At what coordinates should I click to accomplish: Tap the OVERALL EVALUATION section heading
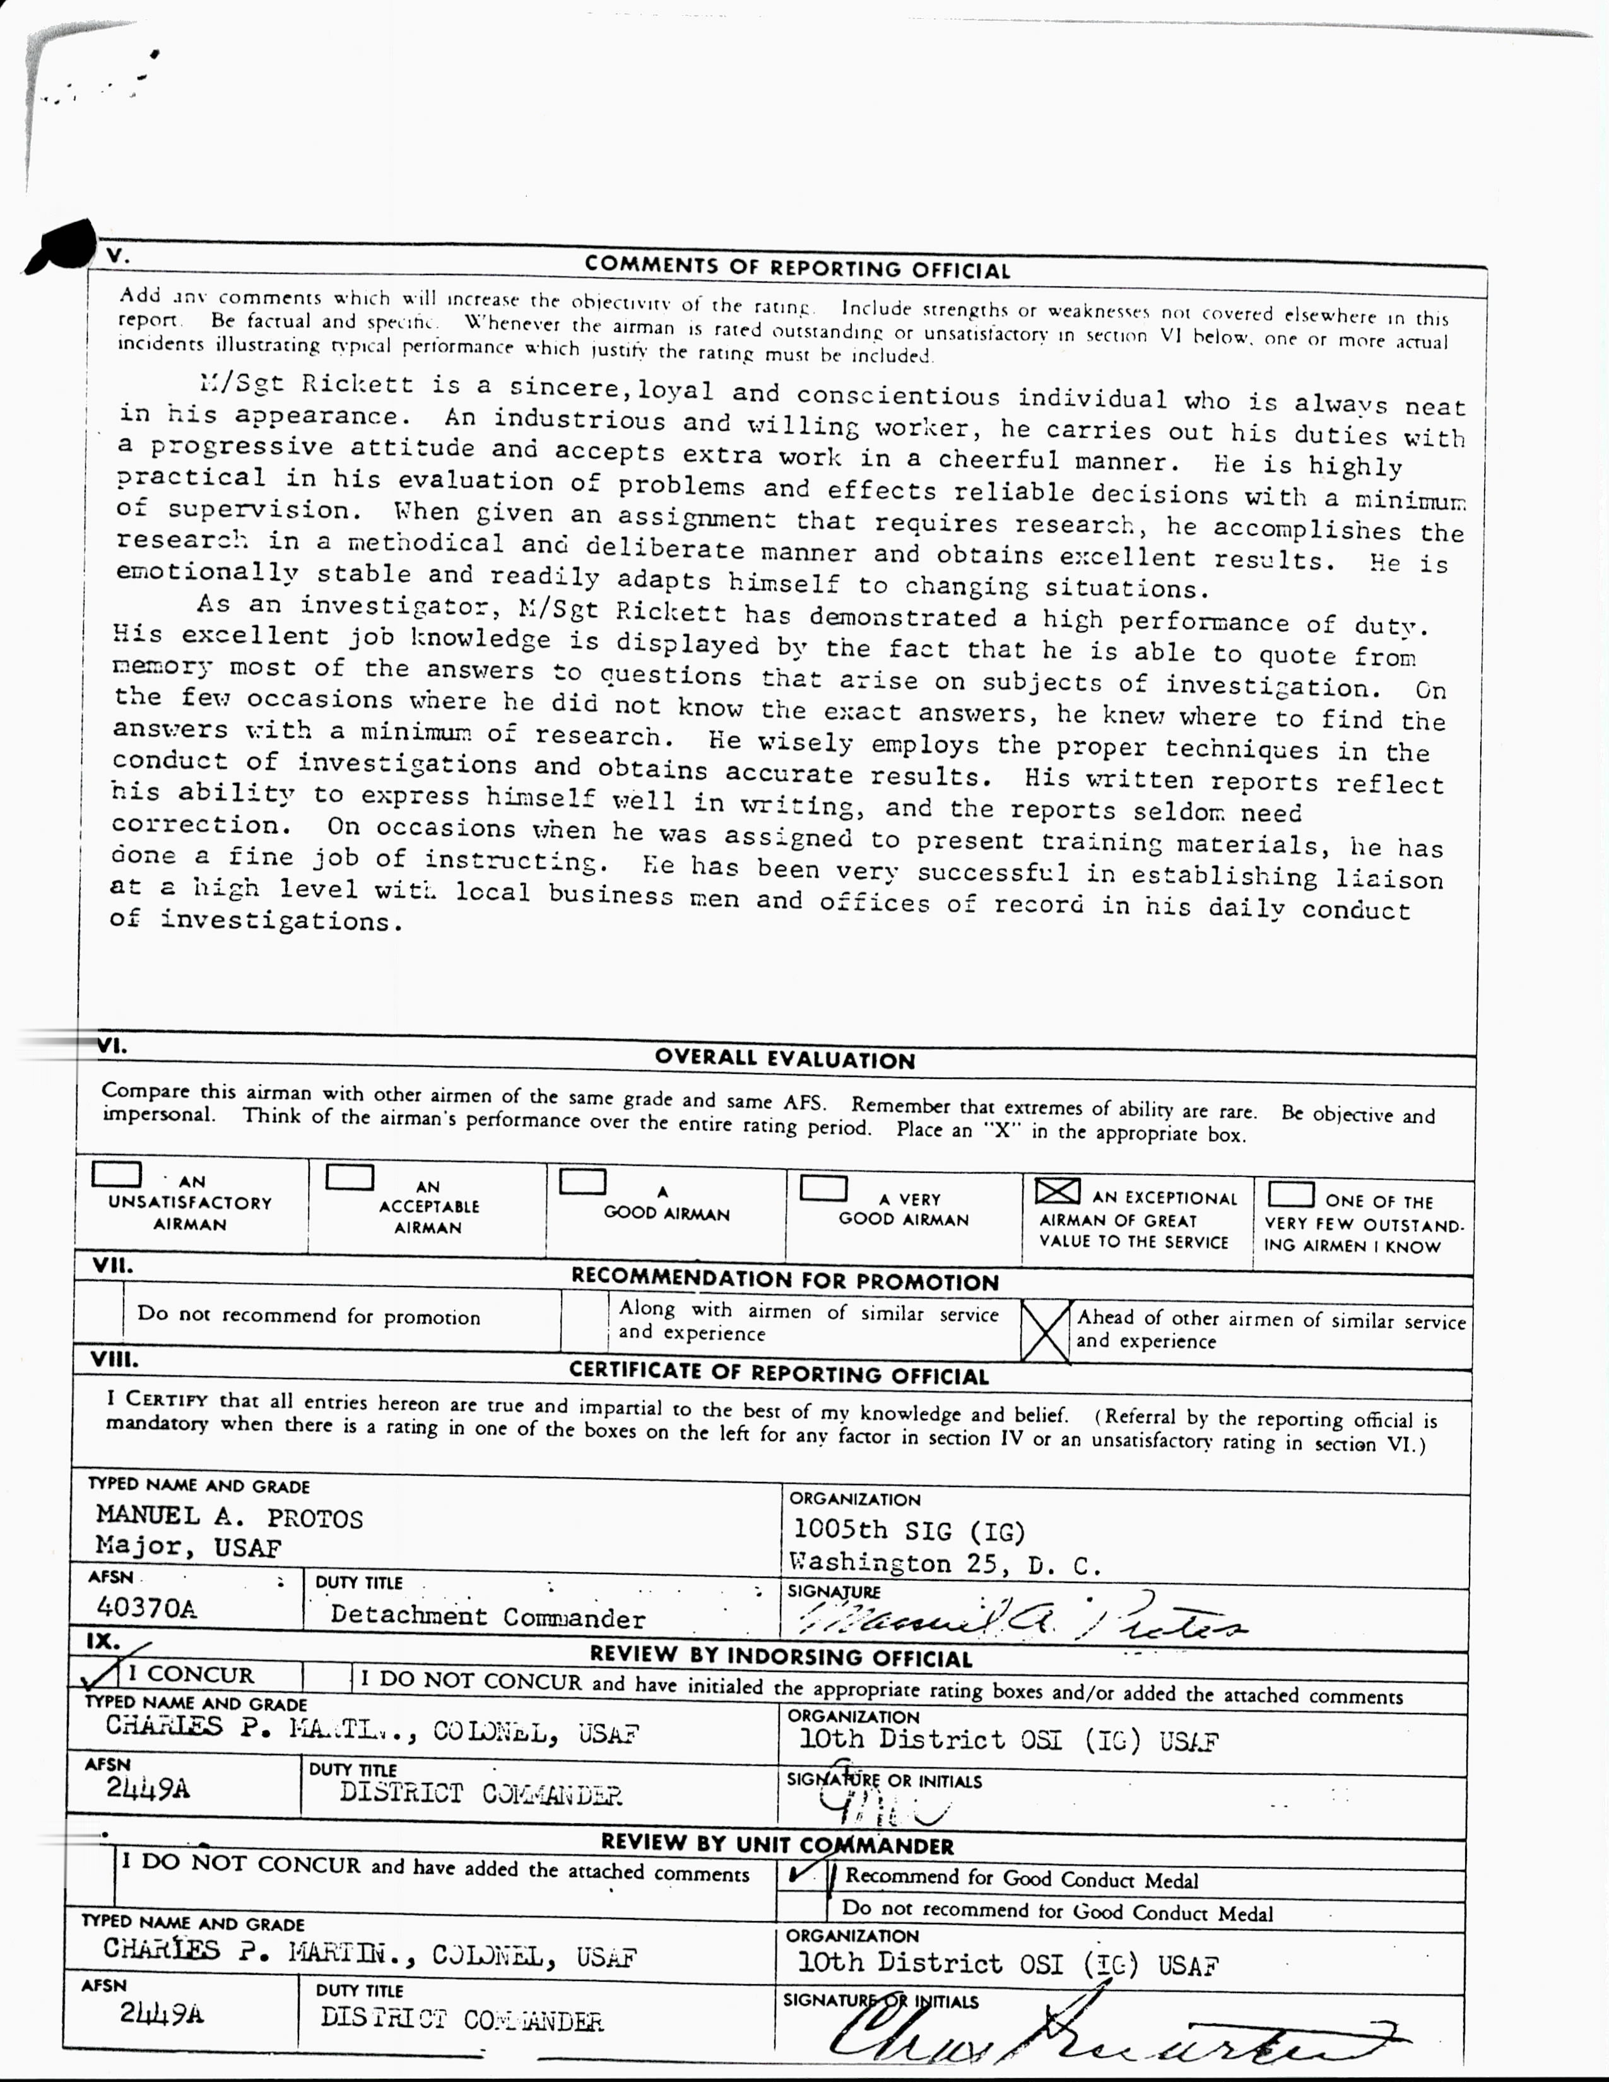click(784, 1059)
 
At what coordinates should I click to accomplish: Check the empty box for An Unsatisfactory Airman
click(116, 1175)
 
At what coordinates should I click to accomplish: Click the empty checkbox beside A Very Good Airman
click(823, 1188)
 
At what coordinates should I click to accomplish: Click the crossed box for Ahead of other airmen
click(1045, 1332)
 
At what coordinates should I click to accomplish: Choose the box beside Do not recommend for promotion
click(98, 1315)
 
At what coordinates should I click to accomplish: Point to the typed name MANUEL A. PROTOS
click(229, 1517)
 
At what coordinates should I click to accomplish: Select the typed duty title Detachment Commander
click(487, 1617)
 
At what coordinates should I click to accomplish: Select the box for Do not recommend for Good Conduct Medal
click(801, 1907)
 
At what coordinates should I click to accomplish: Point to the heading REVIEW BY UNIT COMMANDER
click(777, 1845)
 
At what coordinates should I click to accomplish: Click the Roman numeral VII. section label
click(112, 1267)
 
